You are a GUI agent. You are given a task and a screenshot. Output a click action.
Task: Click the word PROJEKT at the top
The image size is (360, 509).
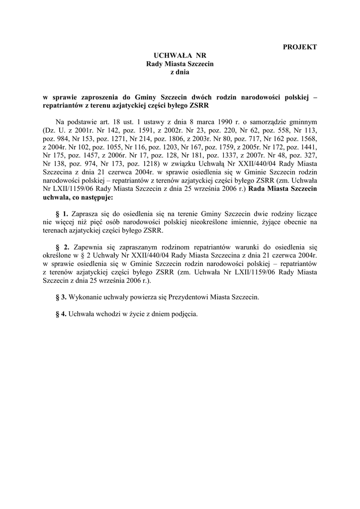pyautogui.click(x=300, y=47)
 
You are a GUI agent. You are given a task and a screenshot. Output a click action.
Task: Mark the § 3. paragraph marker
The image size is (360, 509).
pyautogui.click(x=61, y=297)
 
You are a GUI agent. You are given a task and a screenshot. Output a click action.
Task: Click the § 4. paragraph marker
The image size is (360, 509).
pyautogui.click(x=61, y=314)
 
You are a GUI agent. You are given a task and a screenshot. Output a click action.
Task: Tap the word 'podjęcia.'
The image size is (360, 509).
pyautogui.click(x=183, y=314)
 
